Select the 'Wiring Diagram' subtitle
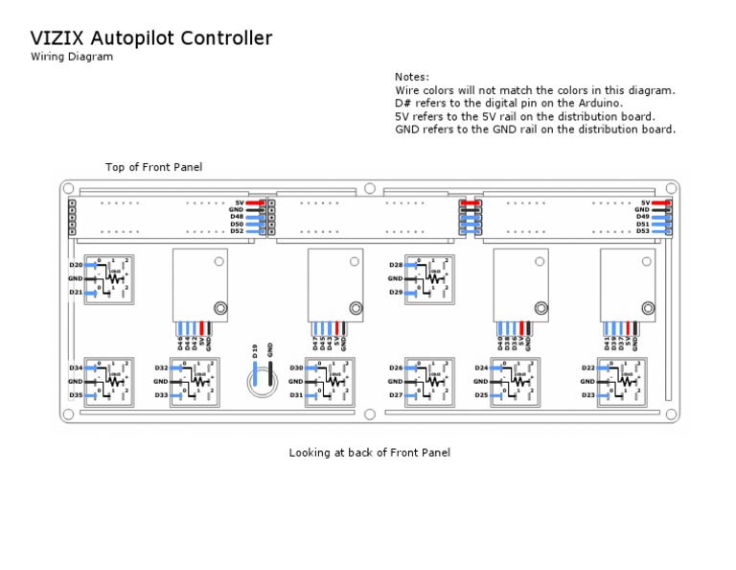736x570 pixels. coord(72,57)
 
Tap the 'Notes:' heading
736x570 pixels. coord(412,77)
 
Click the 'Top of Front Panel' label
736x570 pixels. coord(153,167)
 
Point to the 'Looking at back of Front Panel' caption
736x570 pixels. coord(369,452)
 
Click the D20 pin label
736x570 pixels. coord(75,265)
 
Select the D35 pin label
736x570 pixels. coord(75,395)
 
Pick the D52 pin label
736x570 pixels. coord(236,231)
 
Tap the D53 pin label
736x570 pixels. coord(642,231)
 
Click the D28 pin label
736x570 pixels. coord(395,265)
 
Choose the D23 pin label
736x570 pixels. coord(588,395)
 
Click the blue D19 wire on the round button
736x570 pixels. coord(256,375)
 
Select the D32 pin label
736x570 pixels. coord(161,368)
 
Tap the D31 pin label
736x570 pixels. coord(296,395)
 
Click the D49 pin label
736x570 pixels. coord(642,217)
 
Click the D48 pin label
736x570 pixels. coord(236,217)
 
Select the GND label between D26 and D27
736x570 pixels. coord(395,381)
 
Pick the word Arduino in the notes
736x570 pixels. coord(600,103)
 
